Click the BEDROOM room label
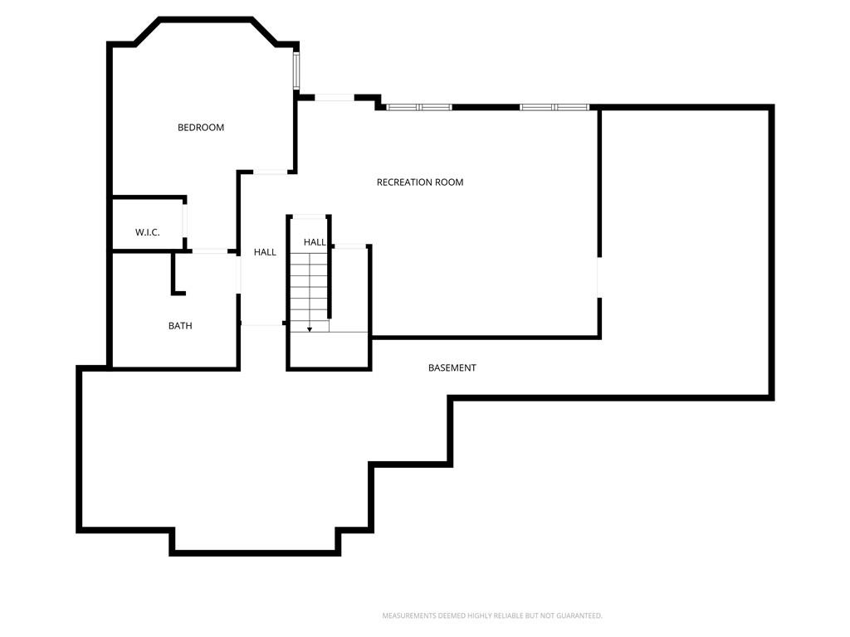click(201, 127)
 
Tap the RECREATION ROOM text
click(420, 182)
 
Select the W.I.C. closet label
click(148, 232)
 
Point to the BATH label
click(180, 325)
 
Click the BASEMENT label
click(452, 367)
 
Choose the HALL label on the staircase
click(315, 242)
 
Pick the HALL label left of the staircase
click(265, 252)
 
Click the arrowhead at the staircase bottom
click(310, 328)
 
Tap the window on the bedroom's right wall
click(296, 71)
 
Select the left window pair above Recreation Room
click(419, 107)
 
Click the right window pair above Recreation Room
click(554, 107)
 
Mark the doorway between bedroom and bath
click(210, 251)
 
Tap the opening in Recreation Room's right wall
click(599, 277)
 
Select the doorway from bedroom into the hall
click(271, 173)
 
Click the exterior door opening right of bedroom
click(335, 98)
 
